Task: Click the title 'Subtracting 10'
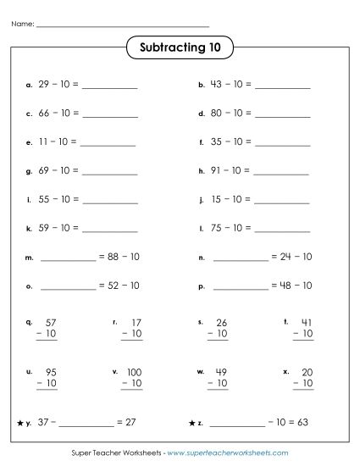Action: (180, 48)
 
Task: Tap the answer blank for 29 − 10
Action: (110, 86)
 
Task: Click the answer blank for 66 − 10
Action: (110, 114)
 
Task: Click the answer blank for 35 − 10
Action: (282, 143)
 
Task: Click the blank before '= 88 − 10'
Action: (69, 258)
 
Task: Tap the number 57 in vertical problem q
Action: (50, 323)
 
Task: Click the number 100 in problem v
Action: (134, 371)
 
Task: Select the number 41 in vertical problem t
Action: (307, 323)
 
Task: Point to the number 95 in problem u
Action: (50, 371)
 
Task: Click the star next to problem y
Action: (19, 422)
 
